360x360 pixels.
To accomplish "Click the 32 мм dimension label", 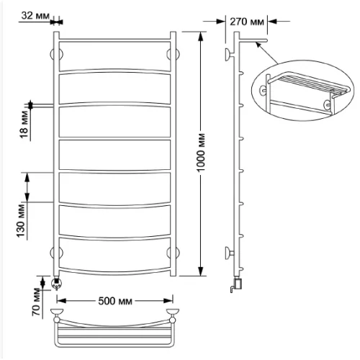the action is (35, 16).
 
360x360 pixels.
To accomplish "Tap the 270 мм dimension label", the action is (247, 22).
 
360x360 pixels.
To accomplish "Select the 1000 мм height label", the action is (201, 153).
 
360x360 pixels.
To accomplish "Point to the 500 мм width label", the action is (115, 301).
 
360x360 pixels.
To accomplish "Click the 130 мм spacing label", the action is (21, 221).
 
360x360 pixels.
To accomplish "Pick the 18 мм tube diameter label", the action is (24, 125).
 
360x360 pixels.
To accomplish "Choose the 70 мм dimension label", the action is (37, 302).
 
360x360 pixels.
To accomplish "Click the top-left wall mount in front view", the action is (56, 55).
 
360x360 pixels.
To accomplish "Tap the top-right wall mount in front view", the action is (173, 54).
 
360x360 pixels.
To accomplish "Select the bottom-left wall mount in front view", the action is (56, 253).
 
